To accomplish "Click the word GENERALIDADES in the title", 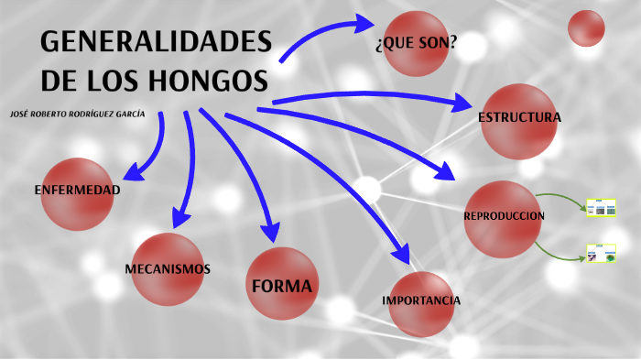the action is (x=157, y=43).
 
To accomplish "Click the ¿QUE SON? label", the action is (x=417, y=44).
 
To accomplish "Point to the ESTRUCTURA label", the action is (x=519, y=118).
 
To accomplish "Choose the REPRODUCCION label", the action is (x=504, y=216).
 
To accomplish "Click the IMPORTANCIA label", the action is (x=421, y=300).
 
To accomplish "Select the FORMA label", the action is (x=282, y=286).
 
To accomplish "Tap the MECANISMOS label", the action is (x=168, y=269).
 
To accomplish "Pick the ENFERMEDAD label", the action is (x=77, y=191).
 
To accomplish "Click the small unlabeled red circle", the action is (x=586, y=28).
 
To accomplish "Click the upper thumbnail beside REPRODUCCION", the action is (x=600, y=208).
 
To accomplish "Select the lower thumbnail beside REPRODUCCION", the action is (x=600, y=253).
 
